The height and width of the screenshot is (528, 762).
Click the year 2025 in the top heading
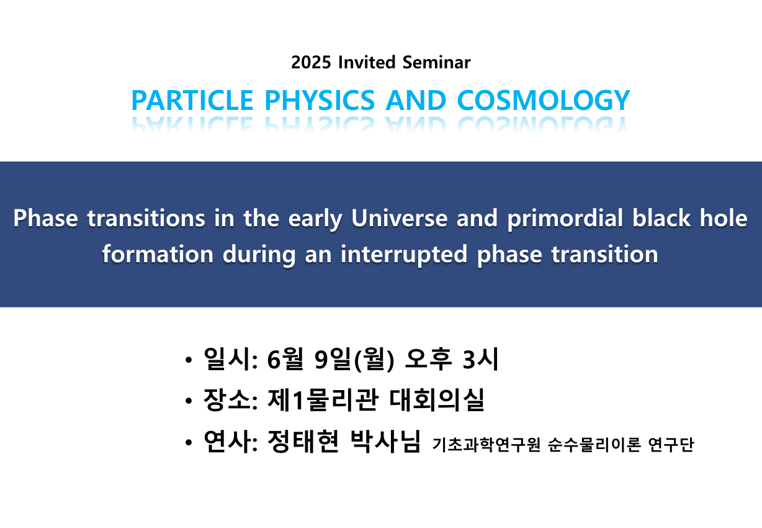coord(311,62)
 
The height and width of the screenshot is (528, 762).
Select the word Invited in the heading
coord(367,62)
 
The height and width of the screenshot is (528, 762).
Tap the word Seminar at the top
coord(436,62)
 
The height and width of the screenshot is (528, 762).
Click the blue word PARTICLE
coord(192,100)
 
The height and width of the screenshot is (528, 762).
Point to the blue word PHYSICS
coord(320,100)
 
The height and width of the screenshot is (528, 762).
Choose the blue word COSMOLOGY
coord(543,100)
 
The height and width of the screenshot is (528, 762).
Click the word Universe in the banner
coord(400,218)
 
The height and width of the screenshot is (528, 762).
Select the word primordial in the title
coord(565,219)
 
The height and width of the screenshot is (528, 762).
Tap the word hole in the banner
coord(724,218)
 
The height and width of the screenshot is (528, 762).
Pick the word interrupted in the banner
coord(404,255)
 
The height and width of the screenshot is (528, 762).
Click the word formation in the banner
coord(158,254)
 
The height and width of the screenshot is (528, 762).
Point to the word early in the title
coord(315,219)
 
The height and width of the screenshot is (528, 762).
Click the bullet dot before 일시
coord(189,360)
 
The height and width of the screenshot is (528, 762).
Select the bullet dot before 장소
coord(189,401)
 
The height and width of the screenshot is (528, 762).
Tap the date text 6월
coord(285,358)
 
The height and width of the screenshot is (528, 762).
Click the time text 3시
coord(480,358)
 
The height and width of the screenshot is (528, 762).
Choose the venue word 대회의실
coord(436,399)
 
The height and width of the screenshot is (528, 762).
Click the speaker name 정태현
coord(303,441)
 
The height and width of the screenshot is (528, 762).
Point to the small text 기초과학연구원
coord(486,445)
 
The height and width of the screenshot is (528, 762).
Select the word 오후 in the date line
coord(428,358)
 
